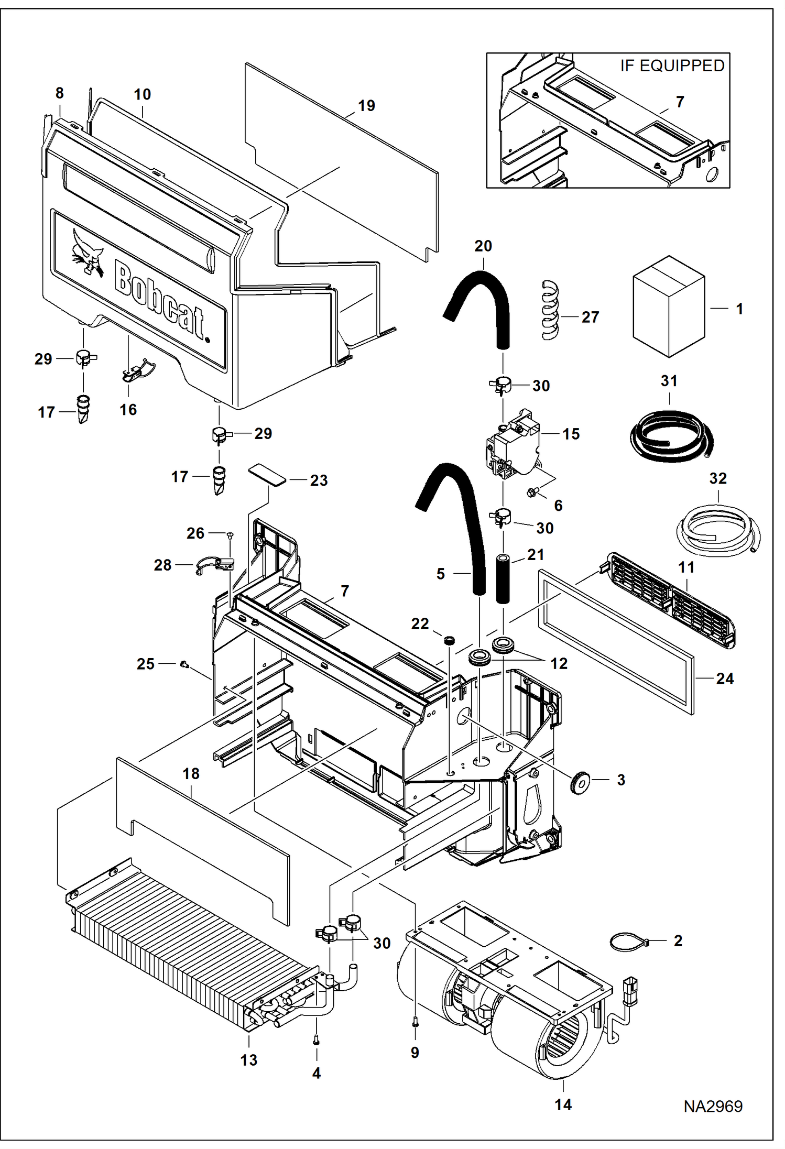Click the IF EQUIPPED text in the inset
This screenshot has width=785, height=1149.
672,66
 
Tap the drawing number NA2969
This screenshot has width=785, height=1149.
713,1106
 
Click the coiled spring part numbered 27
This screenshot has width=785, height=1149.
550,311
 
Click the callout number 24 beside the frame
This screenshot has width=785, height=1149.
725,679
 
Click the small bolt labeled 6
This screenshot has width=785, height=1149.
532,492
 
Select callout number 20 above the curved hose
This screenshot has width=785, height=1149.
483,246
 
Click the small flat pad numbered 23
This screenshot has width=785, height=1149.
267,474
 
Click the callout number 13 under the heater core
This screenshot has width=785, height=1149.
249,1060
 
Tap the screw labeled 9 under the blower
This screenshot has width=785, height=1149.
415,1022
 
